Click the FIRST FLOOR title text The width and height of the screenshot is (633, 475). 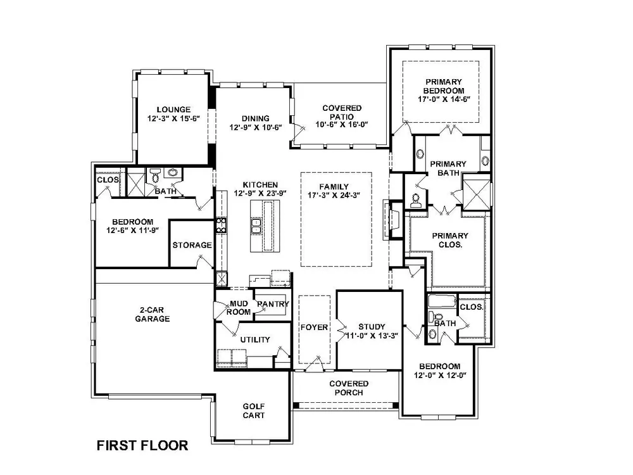(142, 445)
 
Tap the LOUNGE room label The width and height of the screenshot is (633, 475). (173, 110)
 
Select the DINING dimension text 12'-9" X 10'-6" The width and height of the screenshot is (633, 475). (256, 127)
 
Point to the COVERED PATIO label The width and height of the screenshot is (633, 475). (342, 112)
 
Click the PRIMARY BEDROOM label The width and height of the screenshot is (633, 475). (444, 86)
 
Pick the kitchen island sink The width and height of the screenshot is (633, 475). (256, 226)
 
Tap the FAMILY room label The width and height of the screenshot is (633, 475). (334, 187)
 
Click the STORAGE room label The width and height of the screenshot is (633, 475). (192, 244)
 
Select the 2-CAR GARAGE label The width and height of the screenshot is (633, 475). (152, 314)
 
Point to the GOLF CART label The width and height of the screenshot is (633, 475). (254, 411)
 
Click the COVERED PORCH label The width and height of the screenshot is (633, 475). (349, 388)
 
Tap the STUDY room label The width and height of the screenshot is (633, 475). (372, 326)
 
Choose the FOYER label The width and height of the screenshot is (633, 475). (314, 327)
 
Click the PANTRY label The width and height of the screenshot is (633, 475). (273, 304)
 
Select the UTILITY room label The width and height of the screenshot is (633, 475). (255, 339)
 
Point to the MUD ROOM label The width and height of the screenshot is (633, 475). (239, 308)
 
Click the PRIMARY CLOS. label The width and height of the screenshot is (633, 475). (450, 240)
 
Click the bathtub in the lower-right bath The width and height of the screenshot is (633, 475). (442, 301)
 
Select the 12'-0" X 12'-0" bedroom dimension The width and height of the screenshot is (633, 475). (440, 375)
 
